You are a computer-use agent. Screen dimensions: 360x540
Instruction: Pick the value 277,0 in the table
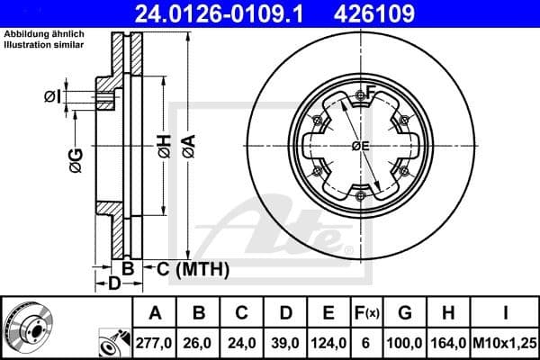point(155,343)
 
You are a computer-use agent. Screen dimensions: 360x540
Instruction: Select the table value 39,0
point(284,343)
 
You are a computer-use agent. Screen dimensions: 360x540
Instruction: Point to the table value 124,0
point(328,343)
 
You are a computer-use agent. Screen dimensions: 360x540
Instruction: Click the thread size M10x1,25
point(506,343)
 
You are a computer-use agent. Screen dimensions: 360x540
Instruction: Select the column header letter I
point(506,313)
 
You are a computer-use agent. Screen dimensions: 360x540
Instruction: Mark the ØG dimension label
point(76,160)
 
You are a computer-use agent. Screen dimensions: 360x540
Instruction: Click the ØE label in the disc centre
point(360,147)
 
